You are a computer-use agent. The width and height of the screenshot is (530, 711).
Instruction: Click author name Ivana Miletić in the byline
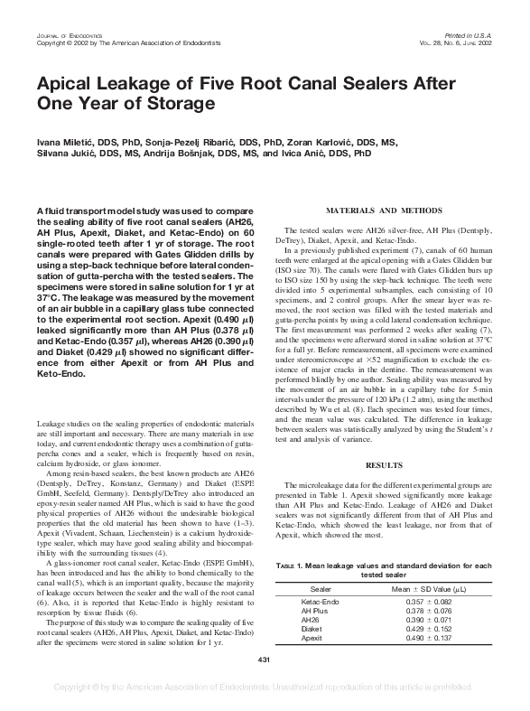(x=62, y=143)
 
